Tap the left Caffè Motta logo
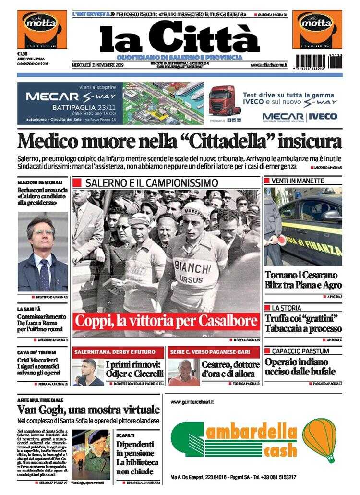click(42, 29)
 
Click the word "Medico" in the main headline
click(51, 142)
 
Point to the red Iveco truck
click(224, 100)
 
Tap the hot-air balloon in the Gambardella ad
click(319, 438)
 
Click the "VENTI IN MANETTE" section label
click(298, 181)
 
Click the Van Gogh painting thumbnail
click(90, 454)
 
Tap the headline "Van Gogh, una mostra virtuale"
click(88, 410)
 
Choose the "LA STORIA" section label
click(287, 308)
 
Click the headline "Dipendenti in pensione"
click(135, 448)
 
